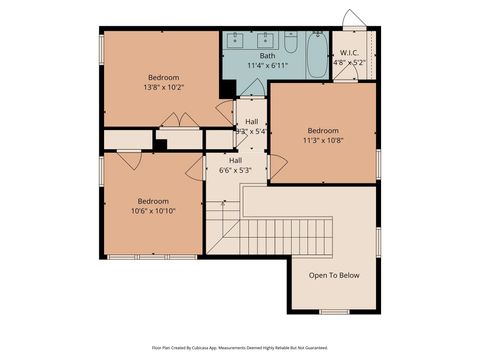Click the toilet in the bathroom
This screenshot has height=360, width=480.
click(290, 43)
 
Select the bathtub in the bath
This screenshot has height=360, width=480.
click(315, 56)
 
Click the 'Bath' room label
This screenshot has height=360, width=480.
click(267, 56)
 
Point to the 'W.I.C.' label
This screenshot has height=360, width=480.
click(349, 52)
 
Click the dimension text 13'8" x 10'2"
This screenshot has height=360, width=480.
click(163, 87)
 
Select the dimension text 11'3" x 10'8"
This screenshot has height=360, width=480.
click(322, 141)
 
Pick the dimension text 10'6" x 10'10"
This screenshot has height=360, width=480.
click(153, 210)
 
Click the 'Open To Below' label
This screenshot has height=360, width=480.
click(334, 275)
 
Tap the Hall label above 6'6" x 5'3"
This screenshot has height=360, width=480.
click(235, 160)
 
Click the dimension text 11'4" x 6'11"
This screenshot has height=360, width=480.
click(267, 66)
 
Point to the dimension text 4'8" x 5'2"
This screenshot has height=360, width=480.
click(349, 62)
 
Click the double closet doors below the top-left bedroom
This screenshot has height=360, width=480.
click(180, 121)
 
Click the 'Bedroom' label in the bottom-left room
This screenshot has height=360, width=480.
click(153, 200)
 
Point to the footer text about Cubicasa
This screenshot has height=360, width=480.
click(239, 347)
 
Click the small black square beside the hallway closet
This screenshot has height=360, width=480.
click(159, 144)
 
